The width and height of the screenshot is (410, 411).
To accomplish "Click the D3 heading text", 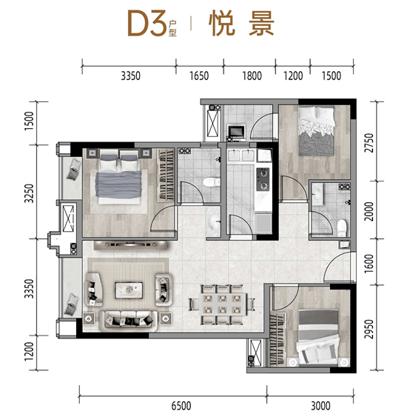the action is tap(147, 23).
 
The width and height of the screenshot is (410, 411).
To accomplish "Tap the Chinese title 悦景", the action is tap(241, 23).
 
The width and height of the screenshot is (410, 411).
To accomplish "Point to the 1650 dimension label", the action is tap(199, 76).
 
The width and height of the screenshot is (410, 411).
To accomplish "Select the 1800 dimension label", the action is tap(252, 76).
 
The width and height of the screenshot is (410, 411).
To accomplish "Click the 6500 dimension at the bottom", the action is tap(181, 406).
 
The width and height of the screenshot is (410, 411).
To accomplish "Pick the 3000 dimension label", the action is tap(320, 406).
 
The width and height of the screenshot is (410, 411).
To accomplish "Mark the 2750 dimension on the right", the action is tap(369, 143).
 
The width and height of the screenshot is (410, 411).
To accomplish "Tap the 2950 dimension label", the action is tap(369, 329).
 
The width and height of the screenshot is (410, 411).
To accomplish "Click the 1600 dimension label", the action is tap(369, 263).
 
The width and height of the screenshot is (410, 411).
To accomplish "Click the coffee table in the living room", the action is tap(129, 290).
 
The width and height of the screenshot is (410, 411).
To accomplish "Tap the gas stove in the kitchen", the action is tap(263, 179).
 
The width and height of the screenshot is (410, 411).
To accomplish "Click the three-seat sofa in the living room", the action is tap(129, 321).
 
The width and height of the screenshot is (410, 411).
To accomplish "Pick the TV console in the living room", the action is tap(130, 245).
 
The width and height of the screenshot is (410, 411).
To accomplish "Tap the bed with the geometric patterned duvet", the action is tap(316, 131).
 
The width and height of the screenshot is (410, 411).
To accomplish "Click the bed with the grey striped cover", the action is tap(318, 337).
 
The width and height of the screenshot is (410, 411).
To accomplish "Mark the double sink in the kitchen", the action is tap(241, 155).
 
